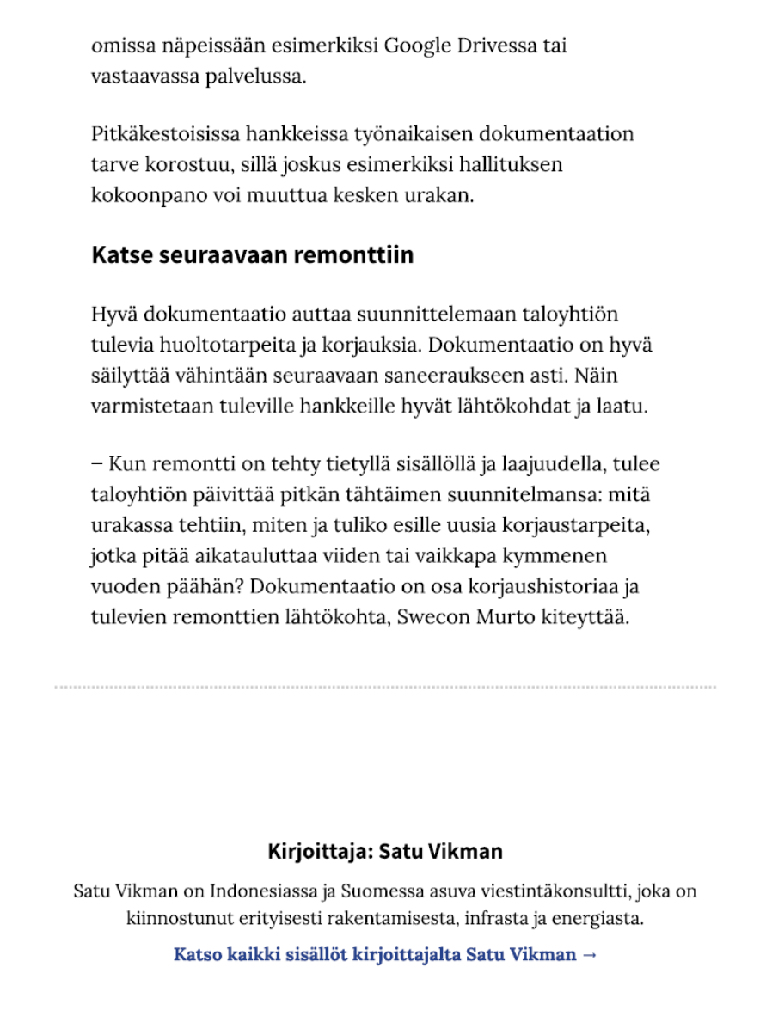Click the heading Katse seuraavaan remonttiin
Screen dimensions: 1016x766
[252, 255]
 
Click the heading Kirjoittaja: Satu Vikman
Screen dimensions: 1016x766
[384, 852]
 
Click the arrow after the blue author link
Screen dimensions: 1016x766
[589, 954]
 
